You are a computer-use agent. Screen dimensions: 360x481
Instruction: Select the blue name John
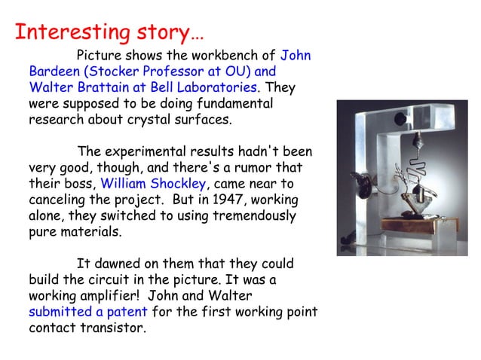(x=296, y=55)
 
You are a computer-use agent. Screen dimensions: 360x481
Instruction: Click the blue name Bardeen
(x=55, y=72)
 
